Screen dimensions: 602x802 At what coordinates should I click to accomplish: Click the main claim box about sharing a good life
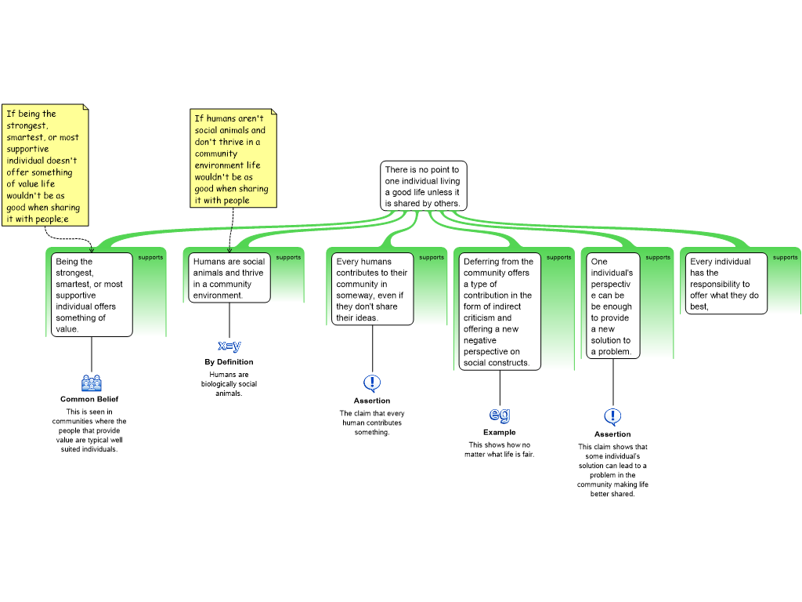(424, 186)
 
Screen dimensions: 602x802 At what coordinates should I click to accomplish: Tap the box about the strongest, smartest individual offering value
(92, 295)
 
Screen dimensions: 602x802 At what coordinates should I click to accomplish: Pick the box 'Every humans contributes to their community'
(373, 289)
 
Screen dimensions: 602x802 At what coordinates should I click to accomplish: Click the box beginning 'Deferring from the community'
(499, 312)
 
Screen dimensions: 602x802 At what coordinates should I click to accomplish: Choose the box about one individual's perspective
(612, 306)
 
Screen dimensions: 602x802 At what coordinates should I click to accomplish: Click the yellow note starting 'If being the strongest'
(45, 165)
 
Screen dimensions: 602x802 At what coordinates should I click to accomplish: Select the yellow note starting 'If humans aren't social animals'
(233, 158)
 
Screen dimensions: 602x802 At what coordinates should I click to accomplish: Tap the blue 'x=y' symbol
(229, 346)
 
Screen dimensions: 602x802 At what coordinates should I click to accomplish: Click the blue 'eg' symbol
(500, 414)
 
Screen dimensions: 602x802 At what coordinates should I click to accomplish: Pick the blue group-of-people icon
(92, 383)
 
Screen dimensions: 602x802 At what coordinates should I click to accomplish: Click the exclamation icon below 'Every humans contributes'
(372, 383)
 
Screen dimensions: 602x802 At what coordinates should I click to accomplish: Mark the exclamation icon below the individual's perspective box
(612, 416)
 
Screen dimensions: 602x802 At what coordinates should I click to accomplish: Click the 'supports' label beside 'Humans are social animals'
(288, 257)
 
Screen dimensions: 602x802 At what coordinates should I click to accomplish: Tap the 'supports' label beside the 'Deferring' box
(558, 257)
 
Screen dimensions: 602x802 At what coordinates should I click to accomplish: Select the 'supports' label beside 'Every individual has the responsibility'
(785, 257)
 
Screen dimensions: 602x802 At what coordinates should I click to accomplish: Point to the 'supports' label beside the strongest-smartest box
(150, 257)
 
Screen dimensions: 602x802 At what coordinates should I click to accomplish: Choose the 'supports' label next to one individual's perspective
(658, 257)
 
